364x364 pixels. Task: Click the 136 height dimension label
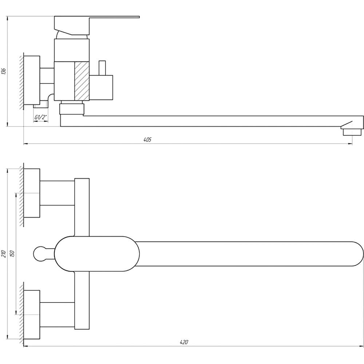(4, 71)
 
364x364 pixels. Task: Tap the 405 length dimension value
(147, 139)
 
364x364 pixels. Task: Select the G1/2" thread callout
(41, 117)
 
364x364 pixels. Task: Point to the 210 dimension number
(4, 253)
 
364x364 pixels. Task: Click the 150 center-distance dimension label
(12, 253)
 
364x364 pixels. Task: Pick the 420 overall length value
(184, 342)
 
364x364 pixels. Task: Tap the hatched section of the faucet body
(82, 81)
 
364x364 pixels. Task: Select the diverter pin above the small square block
(102, 68)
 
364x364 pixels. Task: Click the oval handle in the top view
(97, 254)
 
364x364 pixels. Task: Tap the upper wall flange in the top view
(32, 193)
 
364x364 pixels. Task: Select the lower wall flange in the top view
(32, 314)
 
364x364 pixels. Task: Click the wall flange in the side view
(32, 80)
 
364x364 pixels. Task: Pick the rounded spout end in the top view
(359, 254)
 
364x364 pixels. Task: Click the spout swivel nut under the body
(71, 109)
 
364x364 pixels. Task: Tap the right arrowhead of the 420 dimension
(362, 346)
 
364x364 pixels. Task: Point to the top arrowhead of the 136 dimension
(7, 18)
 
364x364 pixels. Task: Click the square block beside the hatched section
(101, 87)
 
